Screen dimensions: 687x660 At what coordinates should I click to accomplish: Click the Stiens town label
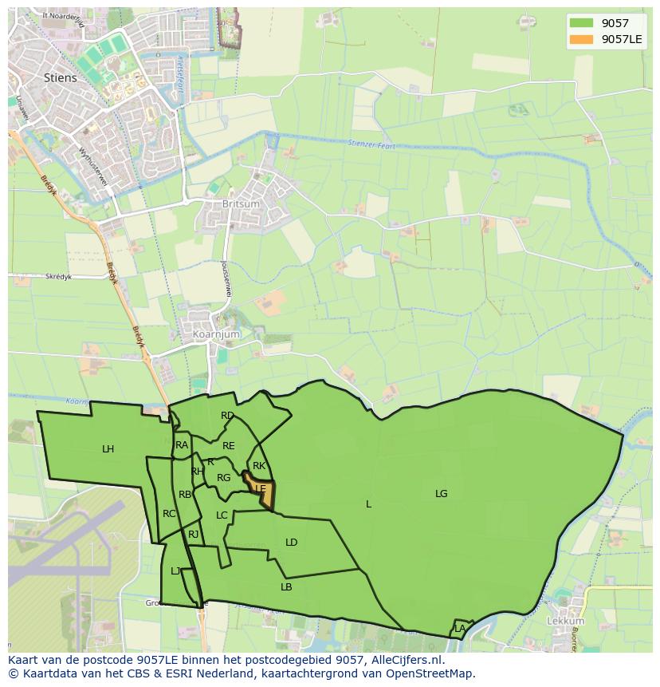tap(61, 77)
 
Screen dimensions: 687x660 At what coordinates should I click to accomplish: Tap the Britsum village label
tap(242, 204)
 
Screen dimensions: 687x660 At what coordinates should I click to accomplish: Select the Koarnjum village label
tap(211, 334)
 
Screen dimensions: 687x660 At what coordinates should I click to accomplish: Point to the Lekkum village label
tap(566, 621)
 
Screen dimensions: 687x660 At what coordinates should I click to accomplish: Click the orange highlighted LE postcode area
tap(262, 491)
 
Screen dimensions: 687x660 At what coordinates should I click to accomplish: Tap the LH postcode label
tap(108, 449)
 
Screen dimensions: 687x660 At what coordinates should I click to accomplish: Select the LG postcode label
tap(442, 494)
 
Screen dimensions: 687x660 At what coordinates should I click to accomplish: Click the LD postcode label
tap(292, 543)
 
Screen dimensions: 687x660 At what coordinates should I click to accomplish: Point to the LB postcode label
tap(286, 587)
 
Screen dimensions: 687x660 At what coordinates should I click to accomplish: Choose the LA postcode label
tap(460, 629)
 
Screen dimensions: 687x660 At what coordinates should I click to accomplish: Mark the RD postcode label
tap(228, 416)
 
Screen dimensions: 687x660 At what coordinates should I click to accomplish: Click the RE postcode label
tap(229, 446)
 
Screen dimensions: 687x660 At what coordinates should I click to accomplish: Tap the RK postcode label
tap(259, 466)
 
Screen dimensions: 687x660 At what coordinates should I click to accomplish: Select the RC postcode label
tap(169, 514)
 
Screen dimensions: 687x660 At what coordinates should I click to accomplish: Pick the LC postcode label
tap(222, 515)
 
